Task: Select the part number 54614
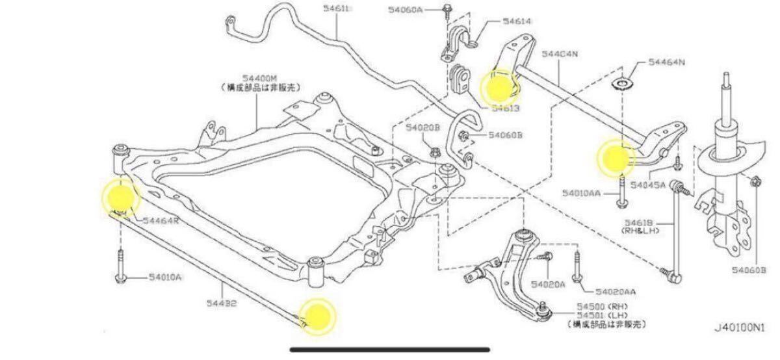tap(517, 21)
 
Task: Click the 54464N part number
tap(668, 63)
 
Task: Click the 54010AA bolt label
tap(582, 193)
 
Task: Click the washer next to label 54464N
tap(623, 83)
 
